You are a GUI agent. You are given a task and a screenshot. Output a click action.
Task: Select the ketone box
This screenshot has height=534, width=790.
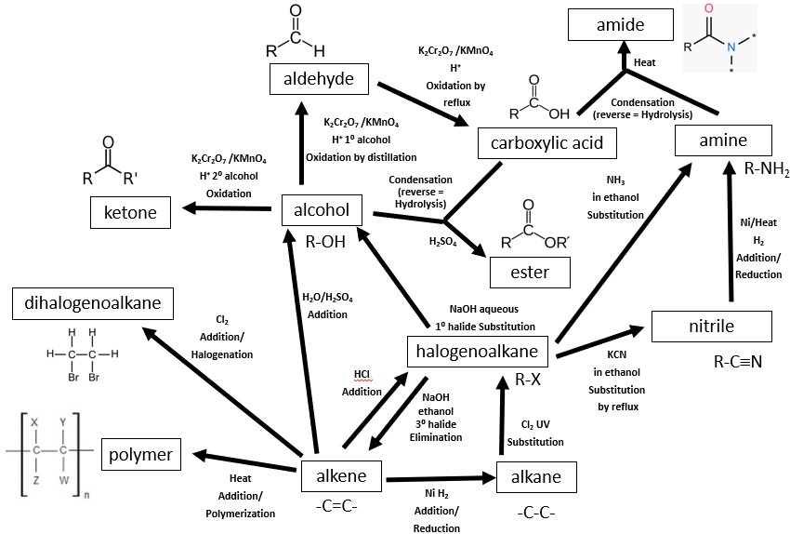point(130,213)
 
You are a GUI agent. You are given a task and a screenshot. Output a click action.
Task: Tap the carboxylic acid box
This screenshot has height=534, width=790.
point(540,142)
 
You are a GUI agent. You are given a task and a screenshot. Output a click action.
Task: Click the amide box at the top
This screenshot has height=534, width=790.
point(620,25)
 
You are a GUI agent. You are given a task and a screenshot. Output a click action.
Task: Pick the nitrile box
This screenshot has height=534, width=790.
point(711,327)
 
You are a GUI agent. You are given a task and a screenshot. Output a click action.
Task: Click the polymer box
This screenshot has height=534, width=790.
point(140,454)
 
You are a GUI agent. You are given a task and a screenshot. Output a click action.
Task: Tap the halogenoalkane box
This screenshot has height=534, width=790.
point(480,351)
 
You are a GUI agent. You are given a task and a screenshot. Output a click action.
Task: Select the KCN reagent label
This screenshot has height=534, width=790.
point(616,355)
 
